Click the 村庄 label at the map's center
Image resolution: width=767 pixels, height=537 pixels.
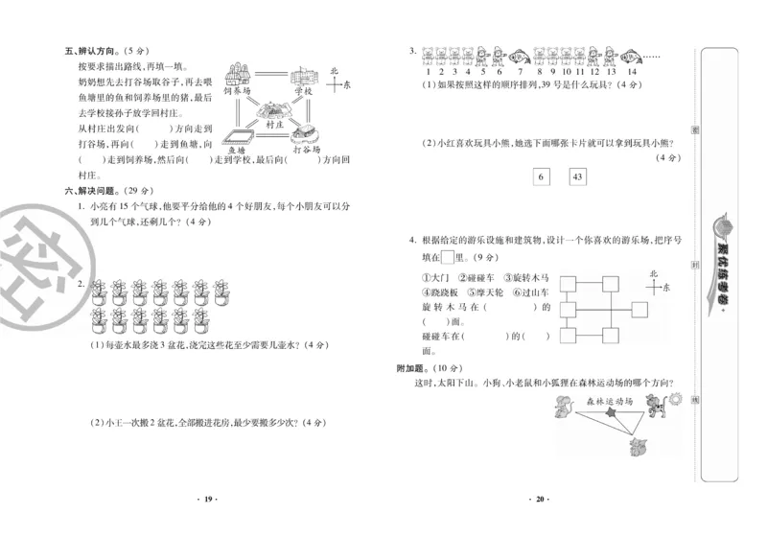pos(275,124)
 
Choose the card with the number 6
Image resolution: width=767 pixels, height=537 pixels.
pos(540,177)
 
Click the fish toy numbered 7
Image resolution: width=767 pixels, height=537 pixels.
pos(519,57)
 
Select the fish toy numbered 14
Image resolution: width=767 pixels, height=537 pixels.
pos(631,57)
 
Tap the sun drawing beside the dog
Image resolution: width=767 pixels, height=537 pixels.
pos(676,396)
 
